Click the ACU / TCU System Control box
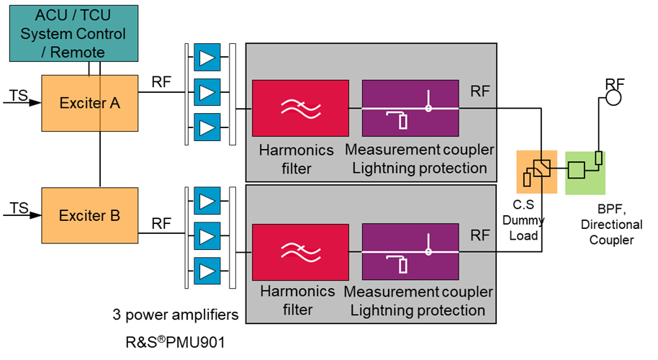[x=73, y=32]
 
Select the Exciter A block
[x=90, y=103]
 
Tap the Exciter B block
[x=90, y=215]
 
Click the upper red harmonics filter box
[x=301, y=108]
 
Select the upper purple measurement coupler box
[x=410, y=108]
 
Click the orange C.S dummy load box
[x=537, y=171]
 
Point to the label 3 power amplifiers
[x=175, y=315]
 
